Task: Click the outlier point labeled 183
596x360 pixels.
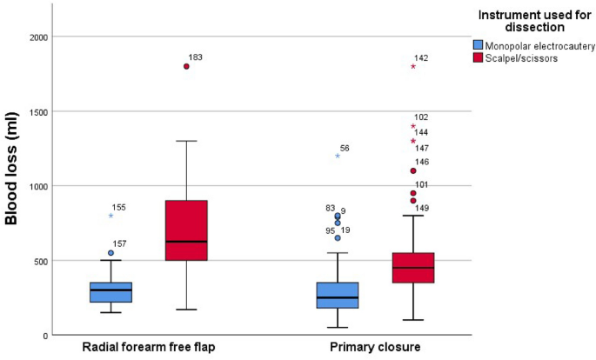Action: (x=186, y=66)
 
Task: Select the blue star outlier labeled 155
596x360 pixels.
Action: (x=110, y=215)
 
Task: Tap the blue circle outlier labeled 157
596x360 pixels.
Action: (x=110, y=253)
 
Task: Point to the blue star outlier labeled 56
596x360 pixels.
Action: (x=338, y=156)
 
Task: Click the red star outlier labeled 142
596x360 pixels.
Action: (x=413, y=66)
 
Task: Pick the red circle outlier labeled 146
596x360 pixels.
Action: (x=413, y=170)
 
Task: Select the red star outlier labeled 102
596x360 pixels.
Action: (x=413, y=126)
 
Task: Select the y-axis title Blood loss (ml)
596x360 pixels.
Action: (x=12, y=185)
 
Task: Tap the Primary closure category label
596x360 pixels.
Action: (x=376, y=348)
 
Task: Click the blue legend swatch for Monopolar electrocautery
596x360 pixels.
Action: (x=478, y=44)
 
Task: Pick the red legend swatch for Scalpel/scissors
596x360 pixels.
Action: (x=478, y=57)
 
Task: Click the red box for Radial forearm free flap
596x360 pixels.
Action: (x=186, y=230)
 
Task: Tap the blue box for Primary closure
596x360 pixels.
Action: (x=338, y=295)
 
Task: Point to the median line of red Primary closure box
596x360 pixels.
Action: (x=413, y=268)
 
